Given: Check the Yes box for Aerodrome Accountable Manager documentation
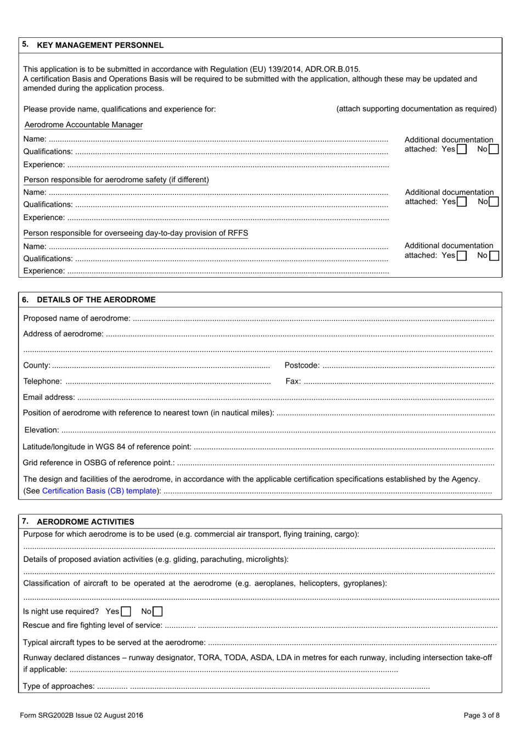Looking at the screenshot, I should [x=462, y=149].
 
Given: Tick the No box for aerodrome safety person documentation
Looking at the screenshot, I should [x=494, y=202].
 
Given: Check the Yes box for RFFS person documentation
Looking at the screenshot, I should [x=462, y=256].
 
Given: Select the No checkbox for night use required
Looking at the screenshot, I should [x=158, y=611].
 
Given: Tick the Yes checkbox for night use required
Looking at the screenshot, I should [x=126, y=611].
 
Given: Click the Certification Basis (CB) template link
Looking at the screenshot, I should [x=100, y=491].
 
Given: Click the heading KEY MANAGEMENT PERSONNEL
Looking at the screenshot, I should [x=100, y=45].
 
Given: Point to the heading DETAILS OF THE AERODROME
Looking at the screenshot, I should [x=96, y=300].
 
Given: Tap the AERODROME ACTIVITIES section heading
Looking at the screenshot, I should [x=85, y=521].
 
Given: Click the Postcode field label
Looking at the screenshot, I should [x=302, y=365].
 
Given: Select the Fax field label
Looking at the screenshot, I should [x=293, y=381].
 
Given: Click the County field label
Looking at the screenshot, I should [x=36, y=365].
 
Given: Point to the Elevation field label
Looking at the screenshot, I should [x=41, y=430].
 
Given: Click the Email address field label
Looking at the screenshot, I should [x=49, y=397].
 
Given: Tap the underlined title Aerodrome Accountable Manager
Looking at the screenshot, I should [x=83, y=125].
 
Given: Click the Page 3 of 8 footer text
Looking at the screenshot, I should [x=481, y=715].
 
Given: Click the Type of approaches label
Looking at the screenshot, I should [x=58, y=686].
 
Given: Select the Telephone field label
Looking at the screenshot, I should [x=42, y=381].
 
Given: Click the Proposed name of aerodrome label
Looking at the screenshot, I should [x=77, y=318].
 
